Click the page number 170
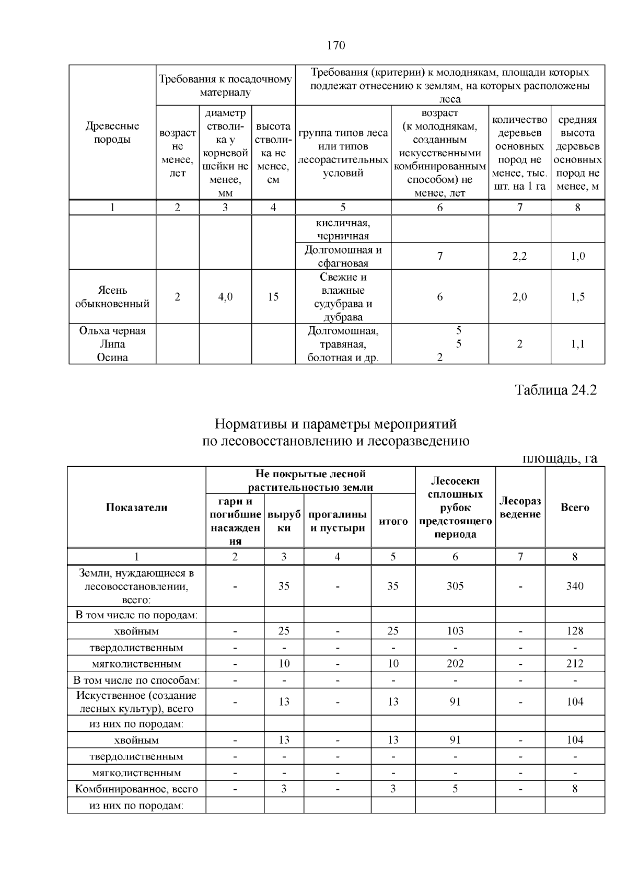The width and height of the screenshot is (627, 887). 336,45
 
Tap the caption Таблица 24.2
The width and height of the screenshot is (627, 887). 555,390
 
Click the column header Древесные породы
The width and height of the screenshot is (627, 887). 112,133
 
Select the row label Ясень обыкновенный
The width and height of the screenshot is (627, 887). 112,297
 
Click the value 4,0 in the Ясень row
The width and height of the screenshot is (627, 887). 225,297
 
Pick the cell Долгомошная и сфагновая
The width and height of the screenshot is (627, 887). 343,256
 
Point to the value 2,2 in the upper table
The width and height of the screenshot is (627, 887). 519,256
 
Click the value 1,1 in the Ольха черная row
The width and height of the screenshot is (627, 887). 577,344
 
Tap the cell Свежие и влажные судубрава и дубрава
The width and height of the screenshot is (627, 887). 343,297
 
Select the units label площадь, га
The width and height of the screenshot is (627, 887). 560,458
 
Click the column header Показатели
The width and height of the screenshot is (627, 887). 136,508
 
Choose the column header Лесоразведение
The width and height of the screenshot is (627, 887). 520,508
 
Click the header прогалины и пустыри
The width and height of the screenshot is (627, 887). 338,521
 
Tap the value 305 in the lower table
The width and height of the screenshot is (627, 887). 455,586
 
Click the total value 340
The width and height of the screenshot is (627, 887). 575,586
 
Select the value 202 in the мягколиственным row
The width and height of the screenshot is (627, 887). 455,664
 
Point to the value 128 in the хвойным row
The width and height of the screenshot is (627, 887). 575,631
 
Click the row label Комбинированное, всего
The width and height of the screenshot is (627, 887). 136,789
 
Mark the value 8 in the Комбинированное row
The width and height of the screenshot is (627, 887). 575,789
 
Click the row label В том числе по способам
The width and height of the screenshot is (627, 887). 136,681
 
